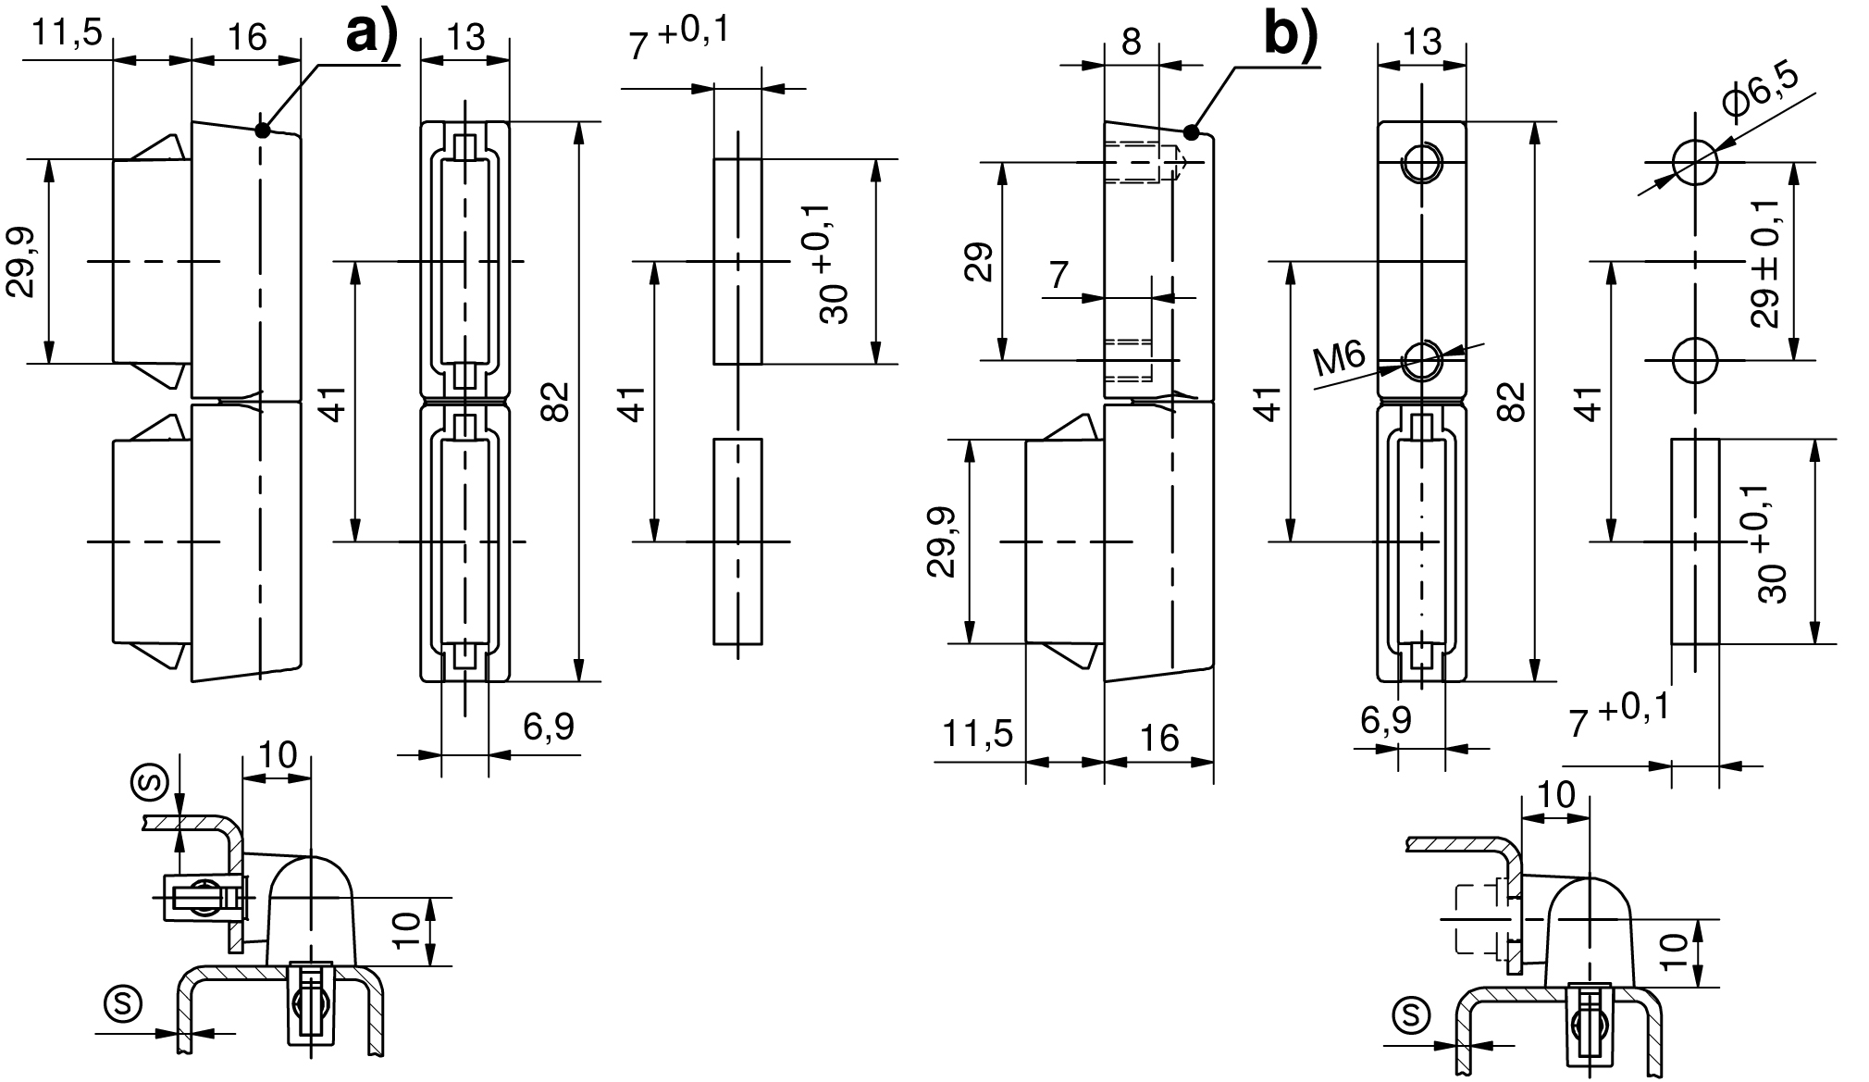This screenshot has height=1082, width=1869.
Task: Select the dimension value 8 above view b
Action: tap(1132, 43)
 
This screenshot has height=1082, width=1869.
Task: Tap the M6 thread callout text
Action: tap(1339, 358)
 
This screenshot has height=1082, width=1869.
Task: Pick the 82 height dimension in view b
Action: tap(1510, 402)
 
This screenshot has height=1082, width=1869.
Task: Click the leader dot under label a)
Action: tap(263, 131)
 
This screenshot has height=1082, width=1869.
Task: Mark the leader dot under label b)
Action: tap(1192, 132)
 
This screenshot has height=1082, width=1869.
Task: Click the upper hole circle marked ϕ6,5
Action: tap(1695, 163)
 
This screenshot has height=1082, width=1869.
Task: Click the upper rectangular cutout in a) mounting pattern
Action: tap(737, 262)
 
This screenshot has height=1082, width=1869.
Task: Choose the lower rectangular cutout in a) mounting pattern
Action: tap(737, 541)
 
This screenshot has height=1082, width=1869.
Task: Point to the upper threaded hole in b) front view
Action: tap(1422, 165)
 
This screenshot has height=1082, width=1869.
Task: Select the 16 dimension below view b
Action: tap(1159, 738)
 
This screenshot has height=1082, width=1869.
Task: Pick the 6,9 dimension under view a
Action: tap(548, 728)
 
